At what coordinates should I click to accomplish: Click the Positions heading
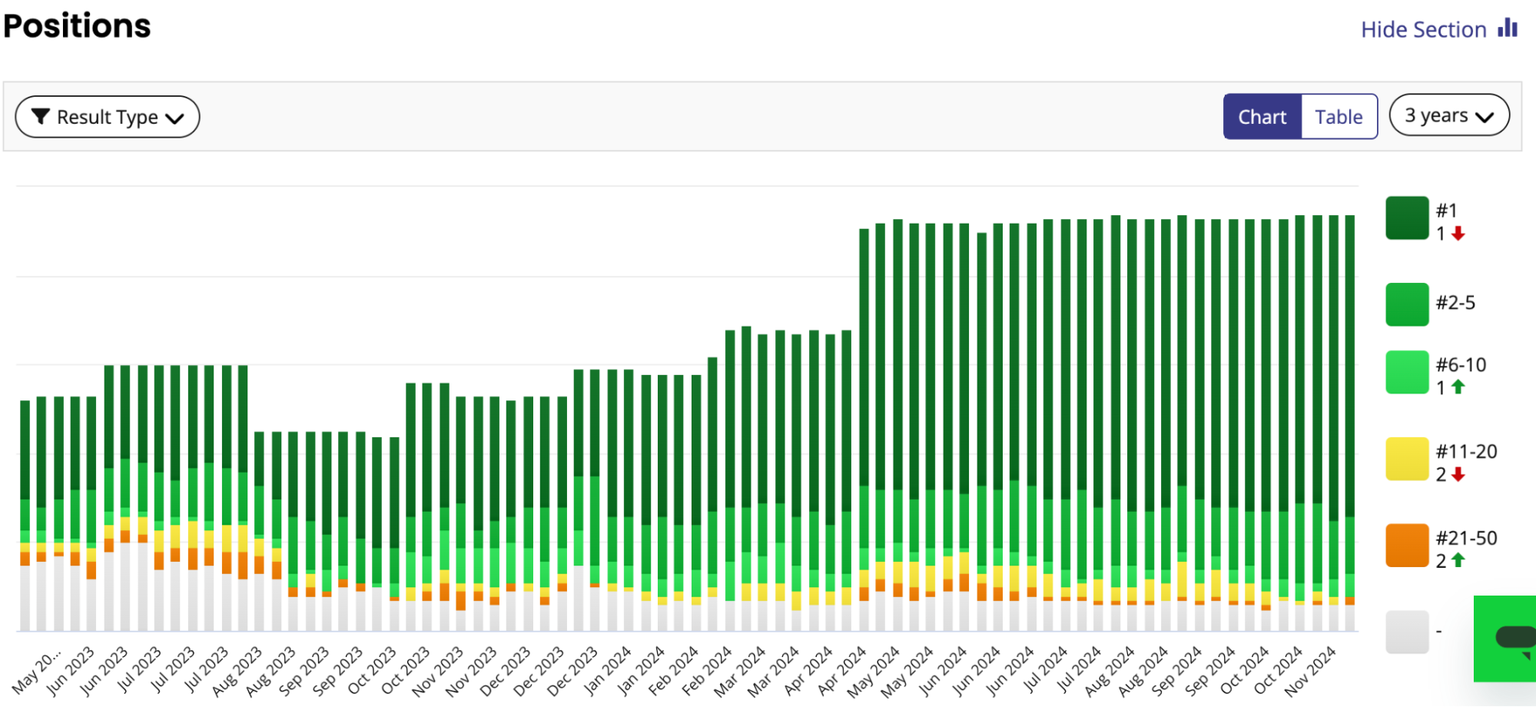coord(77,26)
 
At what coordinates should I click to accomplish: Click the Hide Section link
coord(1424,30)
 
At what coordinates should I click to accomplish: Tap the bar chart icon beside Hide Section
coord(1508,28)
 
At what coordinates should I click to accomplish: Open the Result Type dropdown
coord(108,117)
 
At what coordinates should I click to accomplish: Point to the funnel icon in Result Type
coord(41,116)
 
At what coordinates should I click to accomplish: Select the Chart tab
coord(1262,117)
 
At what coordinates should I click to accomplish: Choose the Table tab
coord(1339,117)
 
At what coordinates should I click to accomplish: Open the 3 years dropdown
coord(1449,115)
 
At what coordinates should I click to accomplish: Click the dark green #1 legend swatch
coord(1407,218)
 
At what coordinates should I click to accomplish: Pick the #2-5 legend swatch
coord(1407,304)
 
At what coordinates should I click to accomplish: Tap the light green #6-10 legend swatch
coord(1407,373)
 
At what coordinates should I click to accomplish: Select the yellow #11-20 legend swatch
coord(1407,459)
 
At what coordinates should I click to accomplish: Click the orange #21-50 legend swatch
coord(1407,546)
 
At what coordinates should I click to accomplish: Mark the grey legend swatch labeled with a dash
coord(1407,632)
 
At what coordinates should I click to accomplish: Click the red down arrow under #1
coord(1458,234)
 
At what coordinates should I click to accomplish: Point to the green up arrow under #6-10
coord(1458,387)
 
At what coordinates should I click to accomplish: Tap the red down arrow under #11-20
coord(1458,475)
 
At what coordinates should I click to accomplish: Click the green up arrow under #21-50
coord(1458,561)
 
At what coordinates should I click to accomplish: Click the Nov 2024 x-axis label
coord(1311,670)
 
